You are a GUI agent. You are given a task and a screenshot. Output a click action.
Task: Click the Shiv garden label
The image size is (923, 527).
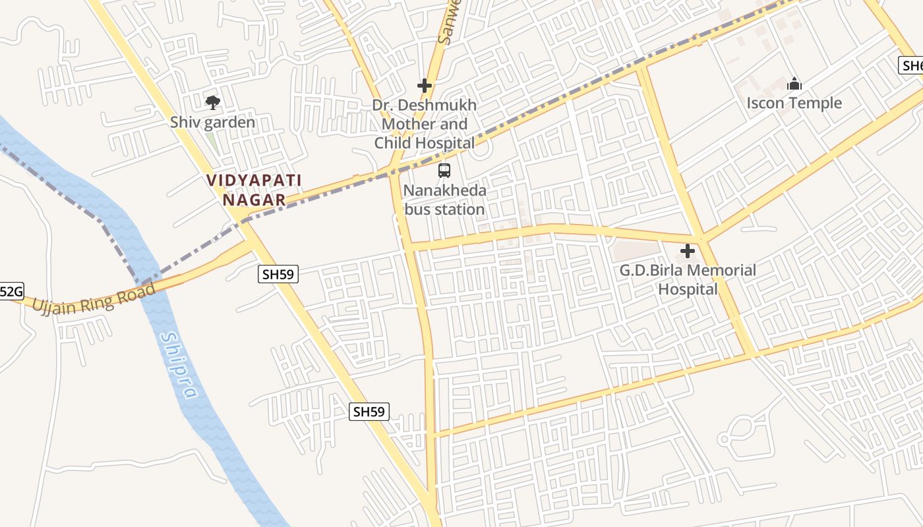point(212,123)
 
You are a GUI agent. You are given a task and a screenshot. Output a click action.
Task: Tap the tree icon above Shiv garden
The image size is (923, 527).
point(212,102)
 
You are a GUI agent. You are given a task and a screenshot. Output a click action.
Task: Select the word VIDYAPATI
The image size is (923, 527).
point(254,180)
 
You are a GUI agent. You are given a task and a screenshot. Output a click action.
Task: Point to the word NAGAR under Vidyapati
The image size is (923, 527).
point(254,200)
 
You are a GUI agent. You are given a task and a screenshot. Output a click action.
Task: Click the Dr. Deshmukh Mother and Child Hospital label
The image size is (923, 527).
point(425,124)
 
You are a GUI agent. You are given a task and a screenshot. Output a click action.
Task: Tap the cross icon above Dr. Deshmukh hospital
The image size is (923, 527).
point(425,86)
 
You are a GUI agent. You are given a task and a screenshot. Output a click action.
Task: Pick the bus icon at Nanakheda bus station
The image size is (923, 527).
point(444,171)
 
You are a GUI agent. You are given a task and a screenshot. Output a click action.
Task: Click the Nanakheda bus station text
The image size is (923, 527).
point(444,200)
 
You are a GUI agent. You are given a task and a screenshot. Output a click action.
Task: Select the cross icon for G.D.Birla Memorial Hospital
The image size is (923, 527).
point(688,251)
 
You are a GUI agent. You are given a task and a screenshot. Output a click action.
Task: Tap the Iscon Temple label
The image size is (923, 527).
point(794,103)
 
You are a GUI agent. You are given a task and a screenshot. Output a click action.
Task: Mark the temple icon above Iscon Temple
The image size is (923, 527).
point(794,84)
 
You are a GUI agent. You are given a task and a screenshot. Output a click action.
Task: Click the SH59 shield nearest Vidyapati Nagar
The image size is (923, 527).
point(278,274)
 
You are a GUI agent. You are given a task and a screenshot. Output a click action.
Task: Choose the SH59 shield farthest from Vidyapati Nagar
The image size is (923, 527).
point(369,412)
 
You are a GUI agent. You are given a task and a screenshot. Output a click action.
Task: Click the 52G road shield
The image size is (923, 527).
point(11,291)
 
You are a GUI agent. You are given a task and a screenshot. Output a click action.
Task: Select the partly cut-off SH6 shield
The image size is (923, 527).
point(911,65)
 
